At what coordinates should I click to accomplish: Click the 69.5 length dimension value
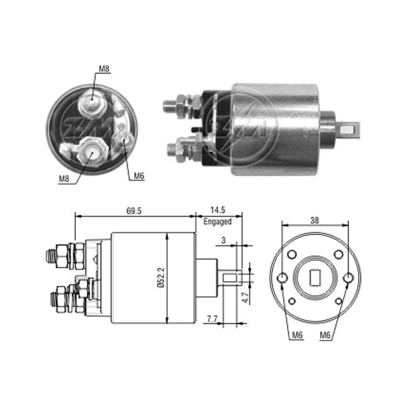[134, 211]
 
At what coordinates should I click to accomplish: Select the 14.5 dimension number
[217, 210]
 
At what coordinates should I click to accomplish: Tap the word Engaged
[217, 222]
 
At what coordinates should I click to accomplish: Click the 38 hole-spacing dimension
[315, 220]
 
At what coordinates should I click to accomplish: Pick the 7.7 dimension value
[212, 319]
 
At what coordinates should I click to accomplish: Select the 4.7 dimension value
[246, 298]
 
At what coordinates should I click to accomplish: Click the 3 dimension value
[224, 240]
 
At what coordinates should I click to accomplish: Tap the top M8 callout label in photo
[104, 68]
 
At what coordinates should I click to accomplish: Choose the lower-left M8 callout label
[64, 179]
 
